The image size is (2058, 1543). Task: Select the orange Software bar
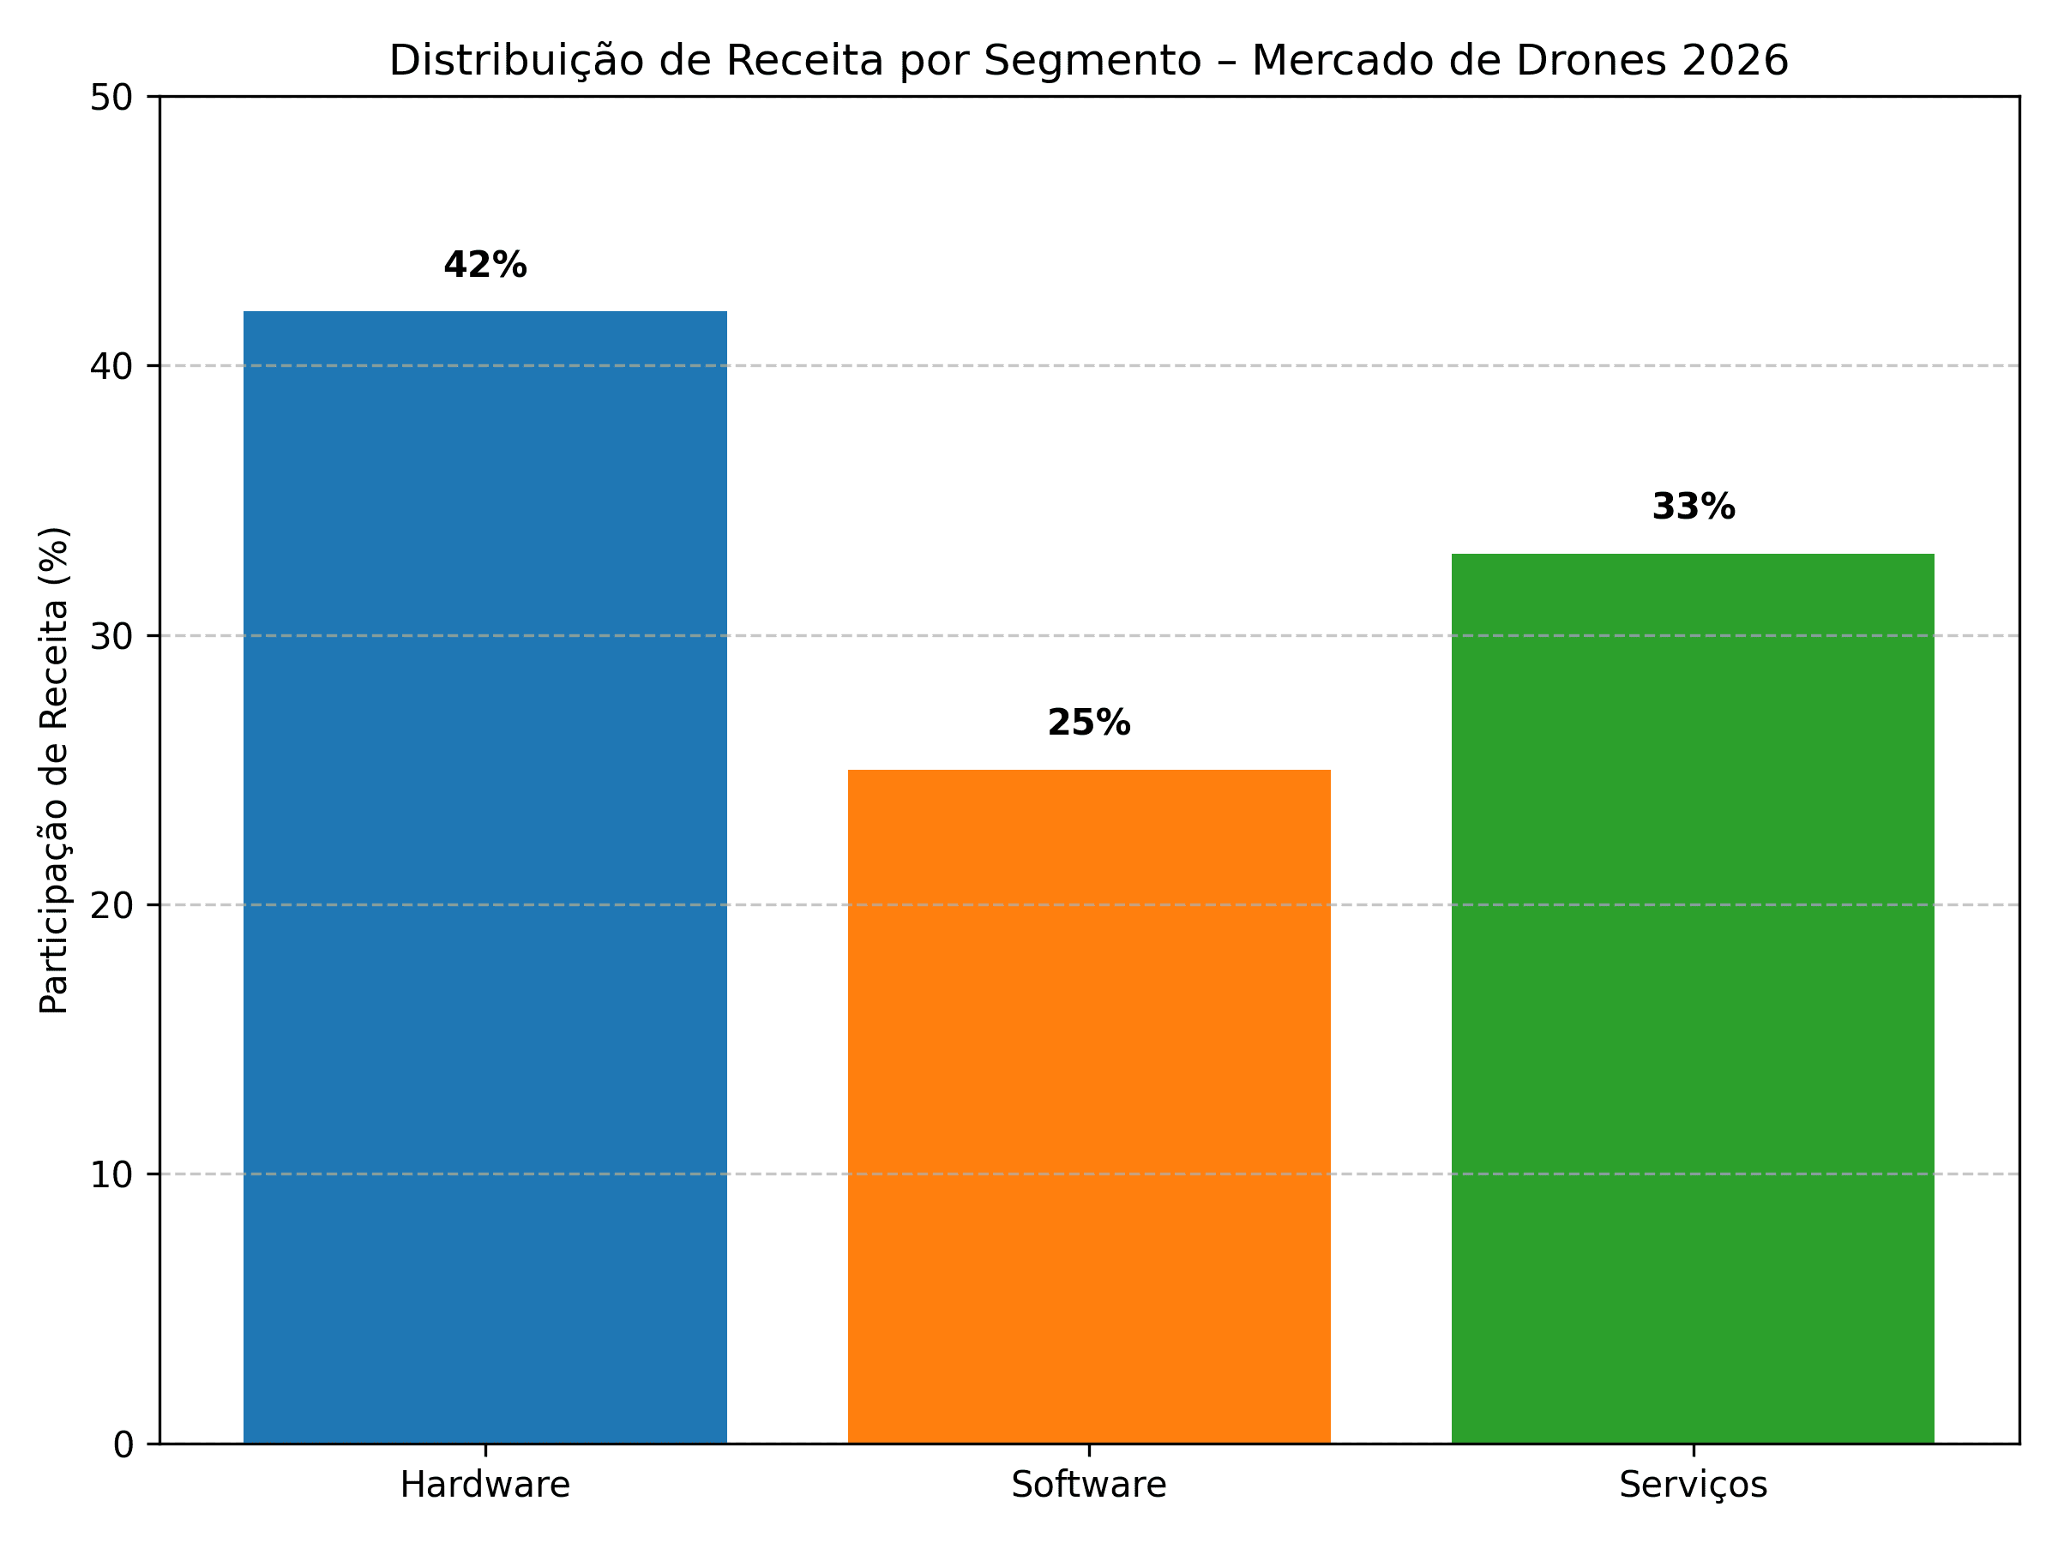point(1088,1107)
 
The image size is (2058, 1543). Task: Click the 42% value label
point(484,266)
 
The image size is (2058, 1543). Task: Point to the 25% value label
point(1088,723)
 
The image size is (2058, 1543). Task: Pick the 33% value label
point(1693,507)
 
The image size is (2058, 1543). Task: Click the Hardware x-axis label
point(484,1486)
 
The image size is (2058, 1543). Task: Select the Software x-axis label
point(1088,1486)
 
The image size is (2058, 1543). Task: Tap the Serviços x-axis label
point(1693,1486)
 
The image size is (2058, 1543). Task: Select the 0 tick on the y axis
point(123,1444)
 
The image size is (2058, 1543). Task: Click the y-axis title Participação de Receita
point(54,770)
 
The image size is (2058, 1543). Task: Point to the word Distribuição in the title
point(516,62)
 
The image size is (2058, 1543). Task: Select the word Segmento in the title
point(1093,62)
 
